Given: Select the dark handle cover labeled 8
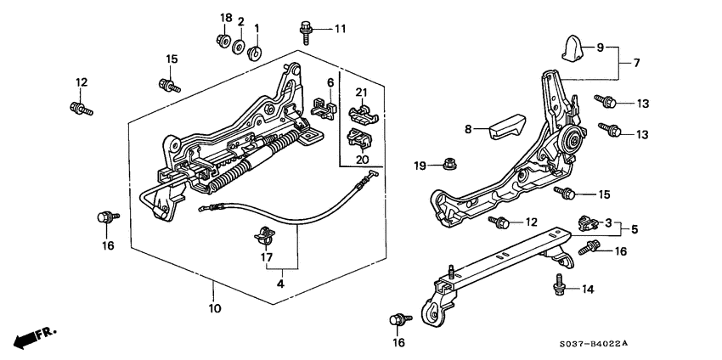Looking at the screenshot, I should click(x=507, y=131).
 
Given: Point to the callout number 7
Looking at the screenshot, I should click(x=635, y=62).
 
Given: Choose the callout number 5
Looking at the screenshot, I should click(x=635, y=228).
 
